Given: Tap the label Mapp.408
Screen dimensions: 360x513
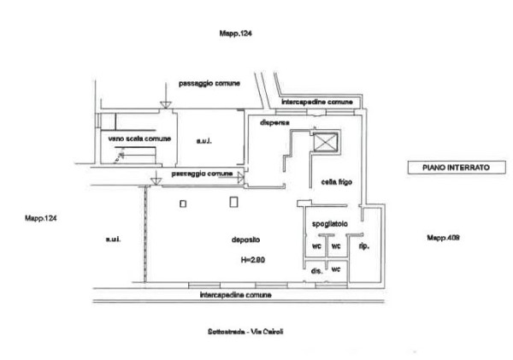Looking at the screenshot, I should tap(443, 238).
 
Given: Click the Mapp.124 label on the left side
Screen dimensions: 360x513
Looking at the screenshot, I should tap(41, 220).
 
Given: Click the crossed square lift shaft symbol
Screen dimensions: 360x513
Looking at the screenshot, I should tap(325, 142).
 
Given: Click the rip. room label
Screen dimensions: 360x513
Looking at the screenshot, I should tap(363, 246).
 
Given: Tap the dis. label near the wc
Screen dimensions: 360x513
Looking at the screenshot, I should tap(315, 271).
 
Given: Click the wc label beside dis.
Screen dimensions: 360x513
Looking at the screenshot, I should tap(336, 269).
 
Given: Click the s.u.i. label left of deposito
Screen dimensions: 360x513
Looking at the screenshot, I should tap(112, 239).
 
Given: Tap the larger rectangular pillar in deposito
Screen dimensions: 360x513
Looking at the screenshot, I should tap(234, 203).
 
